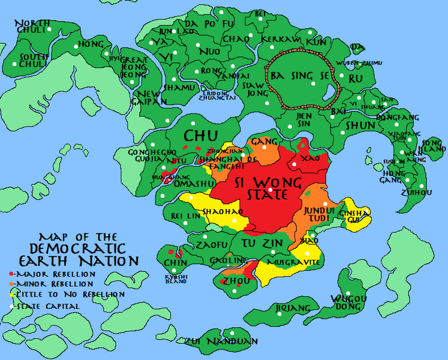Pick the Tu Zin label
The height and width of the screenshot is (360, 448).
(262, 243)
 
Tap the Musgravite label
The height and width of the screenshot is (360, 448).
(295, 262)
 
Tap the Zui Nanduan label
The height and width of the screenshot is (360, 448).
(222, 341)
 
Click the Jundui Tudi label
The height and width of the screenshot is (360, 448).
(317, 214)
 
